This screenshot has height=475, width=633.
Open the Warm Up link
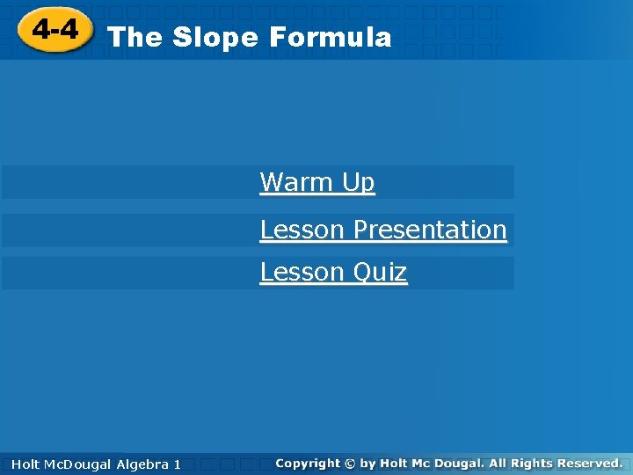tap(317, 182)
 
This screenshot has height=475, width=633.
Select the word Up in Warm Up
tap(358, 183)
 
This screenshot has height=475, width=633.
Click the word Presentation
tap(429, 230)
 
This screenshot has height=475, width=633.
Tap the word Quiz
tap(379, 273)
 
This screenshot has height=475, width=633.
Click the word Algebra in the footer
tap(142, 464)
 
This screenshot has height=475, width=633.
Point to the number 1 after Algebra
tap(178, 464)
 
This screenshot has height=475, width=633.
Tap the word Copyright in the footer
tap(307, 463)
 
